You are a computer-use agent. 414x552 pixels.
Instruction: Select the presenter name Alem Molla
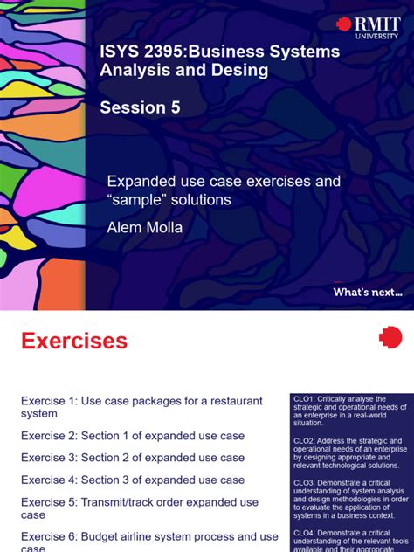tap(144, 228)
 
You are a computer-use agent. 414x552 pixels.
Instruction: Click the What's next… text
tap(368, 293)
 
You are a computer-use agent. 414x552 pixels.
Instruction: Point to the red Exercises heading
tap(74, 341)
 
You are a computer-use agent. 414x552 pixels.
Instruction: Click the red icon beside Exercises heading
tap(390, 338)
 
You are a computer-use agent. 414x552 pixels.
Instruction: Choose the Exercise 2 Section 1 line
tap(133, 435)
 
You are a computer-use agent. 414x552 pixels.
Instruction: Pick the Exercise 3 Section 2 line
tap(133, 458)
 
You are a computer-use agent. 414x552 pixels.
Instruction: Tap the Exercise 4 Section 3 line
tap(133, 480)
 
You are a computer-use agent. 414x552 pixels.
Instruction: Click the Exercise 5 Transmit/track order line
tap(140, 508)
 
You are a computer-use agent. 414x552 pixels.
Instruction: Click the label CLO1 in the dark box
tap(305, 399)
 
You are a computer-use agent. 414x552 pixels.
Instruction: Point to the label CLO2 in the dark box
tap(305, 441)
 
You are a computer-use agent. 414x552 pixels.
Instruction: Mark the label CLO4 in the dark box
tap(305, 532)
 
